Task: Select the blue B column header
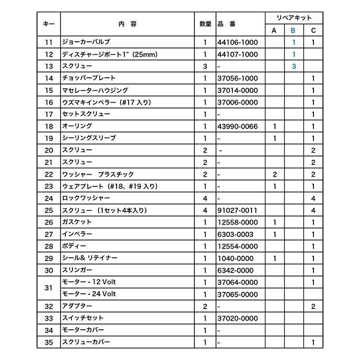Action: (294, 31)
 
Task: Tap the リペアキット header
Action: (294, 18)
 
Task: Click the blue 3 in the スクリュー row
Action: (294, 66)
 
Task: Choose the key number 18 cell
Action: (48, 126)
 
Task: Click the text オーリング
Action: (77, 126)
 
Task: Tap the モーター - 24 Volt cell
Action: (89, 294)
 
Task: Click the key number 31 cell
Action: (48, 288)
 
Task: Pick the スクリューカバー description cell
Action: (86, 342)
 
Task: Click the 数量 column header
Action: (205, 24)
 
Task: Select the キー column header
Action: (48, 24)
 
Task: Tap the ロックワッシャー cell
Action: (86, 198)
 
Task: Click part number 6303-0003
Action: (235, 234)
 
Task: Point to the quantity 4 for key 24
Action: (205, 198)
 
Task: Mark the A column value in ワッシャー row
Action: (274, 174)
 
